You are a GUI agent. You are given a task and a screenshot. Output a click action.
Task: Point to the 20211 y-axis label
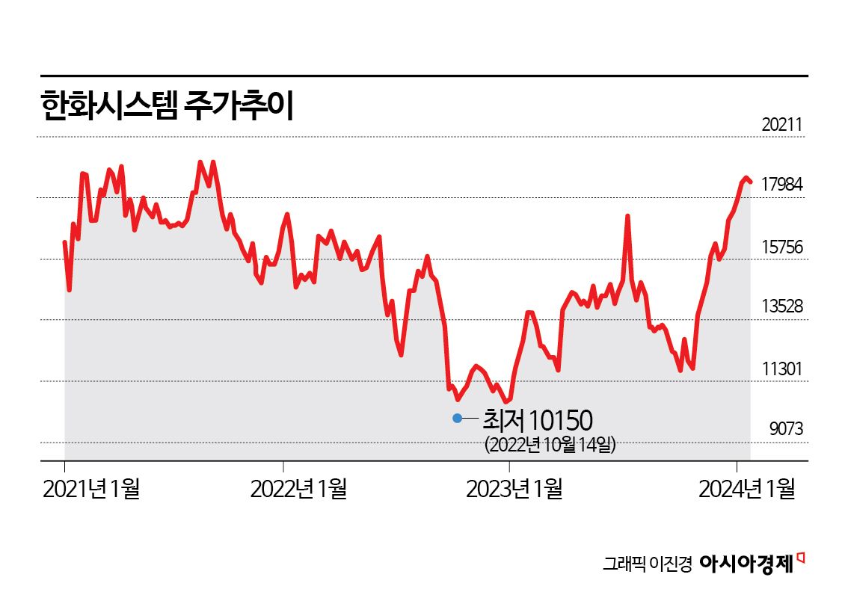(x=782, y=125)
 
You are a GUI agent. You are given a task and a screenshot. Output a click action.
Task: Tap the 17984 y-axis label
(x=782, y=185)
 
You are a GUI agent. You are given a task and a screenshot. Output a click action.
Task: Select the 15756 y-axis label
(x=782, y=246)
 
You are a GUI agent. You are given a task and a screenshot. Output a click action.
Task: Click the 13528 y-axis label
(x=782, y=306)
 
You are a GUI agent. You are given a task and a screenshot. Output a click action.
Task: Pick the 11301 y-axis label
(x=782, y=368)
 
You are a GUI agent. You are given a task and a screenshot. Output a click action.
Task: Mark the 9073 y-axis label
(x=786, y=429)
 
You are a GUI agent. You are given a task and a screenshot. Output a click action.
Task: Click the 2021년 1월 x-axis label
(x=92, y=490)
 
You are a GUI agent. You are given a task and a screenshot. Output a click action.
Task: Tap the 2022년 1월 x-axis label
(x=298, y=490)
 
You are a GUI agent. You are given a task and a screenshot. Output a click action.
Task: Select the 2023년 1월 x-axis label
(x=514, y=490)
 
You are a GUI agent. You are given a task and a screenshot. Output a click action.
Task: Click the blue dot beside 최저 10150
(x=458, y=418)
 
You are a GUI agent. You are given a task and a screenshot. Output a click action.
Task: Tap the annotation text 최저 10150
(x=537, y=419)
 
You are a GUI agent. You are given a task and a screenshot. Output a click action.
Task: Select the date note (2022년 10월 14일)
(x=550, y=445)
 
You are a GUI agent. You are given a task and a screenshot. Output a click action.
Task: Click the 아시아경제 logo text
(x=746, y=564)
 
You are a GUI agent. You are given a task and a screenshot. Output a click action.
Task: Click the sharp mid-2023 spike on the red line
(x=628, y=216)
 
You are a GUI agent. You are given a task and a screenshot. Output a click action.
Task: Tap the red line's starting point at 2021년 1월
(x=65, y=242)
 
